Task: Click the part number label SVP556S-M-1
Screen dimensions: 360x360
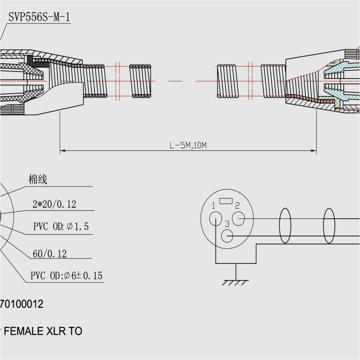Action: [39, 17]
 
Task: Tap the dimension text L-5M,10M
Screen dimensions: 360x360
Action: [188, 146]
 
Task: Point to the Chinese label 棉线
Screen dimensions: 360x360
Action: [38, 180]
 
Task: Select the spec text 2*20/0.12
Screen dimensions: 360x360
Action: [54, 204]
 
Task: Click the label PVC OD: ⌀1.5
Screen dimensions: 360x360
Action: [61, 227]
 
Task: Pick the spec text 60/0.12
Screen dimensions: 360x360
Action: [50, 253]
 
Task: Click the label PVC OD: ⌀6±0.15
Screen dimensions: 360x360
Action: [66, 276]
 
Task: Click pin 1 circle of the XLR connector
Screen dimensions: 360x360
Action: [215, 219]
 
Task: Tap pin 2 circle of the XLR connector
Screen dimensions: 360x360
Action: [239, 219]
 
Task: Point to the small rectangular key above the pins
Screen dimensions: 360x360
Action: [225, 201]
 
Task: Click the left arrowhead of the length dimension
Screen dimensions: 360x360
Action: [62, 151]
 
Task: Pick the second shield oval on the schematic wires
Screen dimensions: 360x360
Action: [329, 225]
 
